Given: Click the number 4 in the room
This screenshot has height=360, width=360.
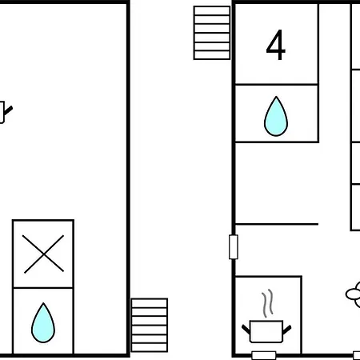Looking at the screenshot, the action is pos(276,45).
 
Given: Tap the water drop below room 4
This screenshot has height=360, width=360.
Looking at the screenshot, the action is pos(276,116).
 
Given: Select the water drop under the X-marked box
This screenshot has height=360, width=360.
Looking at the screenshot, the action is pos(43,322).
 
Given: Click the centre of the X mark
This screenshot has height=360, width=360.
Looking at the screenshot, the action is pos(43,254).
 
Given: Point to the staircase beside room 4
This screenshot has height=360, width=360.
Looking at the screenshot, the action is pos(212,33).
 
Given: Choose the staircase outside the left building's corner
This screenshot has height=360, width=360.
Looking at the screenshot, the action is pos(150,325).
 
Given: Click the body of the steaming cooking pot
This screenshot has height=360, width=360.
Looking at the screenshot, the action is pos(266,331).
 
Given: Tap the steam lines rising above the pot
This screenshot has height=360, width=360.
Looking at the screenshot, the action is pos(267,303).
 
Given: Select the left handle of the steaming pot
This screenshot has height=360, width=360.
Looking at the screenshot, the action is pos(246,330).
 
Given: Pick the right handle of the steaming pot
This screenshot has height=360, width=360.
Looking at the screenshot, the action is pos(286,330).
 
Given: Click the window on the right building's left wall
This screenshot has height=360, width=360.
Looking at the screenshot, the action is pos(234,247).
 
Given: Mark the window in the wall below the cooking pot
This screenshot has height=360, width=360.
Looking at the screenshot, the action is pos(264,355).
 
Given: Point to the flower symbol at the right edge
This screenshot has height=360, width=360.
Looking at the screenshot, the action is pos(354,294).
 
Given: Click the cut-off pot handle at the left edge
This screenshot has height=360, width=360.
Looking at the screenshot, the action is pos(6,112).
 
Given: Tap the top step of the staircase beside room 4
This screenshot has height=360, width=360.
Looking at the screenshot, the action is pos(212,10).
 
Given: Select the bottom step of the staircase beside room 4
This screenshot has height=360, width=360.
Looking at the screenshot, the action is pos(212,55).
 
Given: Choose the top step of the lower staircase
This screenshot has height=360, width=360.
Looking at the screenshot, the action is pos(150,303).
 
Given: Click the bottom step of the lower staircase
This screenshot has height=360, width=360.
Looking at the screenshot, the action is pos(150,347).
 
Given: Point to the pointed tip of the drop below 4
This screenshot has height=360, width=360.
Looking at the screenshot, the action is pos(276,97).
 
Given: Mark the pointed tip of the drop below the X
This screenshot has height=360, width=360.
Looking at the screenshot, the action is pos(43,303).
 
